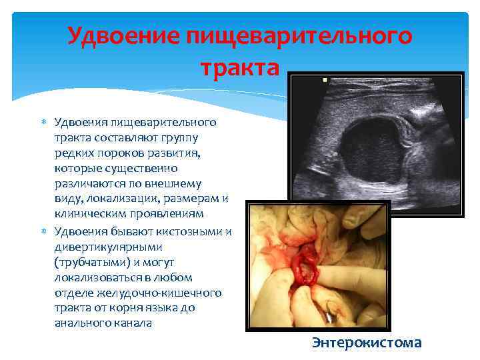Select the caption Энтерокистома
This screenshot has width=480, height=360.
coord(367,343)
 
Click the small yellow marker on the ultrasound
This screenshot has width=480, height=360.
coord(325,80)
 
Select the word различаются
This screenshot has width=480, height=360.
coord(88,183)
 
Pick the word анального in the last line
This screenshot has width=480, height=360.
coord(83,323)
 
